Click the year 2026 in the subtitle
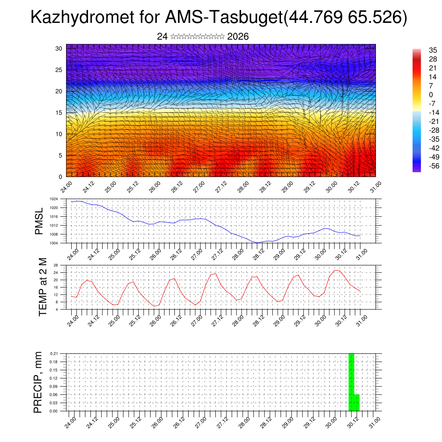(238, 37)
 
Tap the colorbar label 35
(421, 50)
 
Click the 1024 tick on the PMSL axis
(54, 199)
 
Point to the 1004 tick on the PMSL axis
(54, 243)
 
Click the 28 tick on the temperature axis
(56, 265)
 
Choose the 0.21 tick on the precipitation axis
(54, 354)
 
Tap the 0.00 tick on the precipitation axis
(54, 411)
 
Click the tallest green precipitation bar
(351, 382)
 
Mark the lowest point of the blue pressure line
(257, 243)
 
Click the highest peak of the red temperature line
(335, 270)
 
